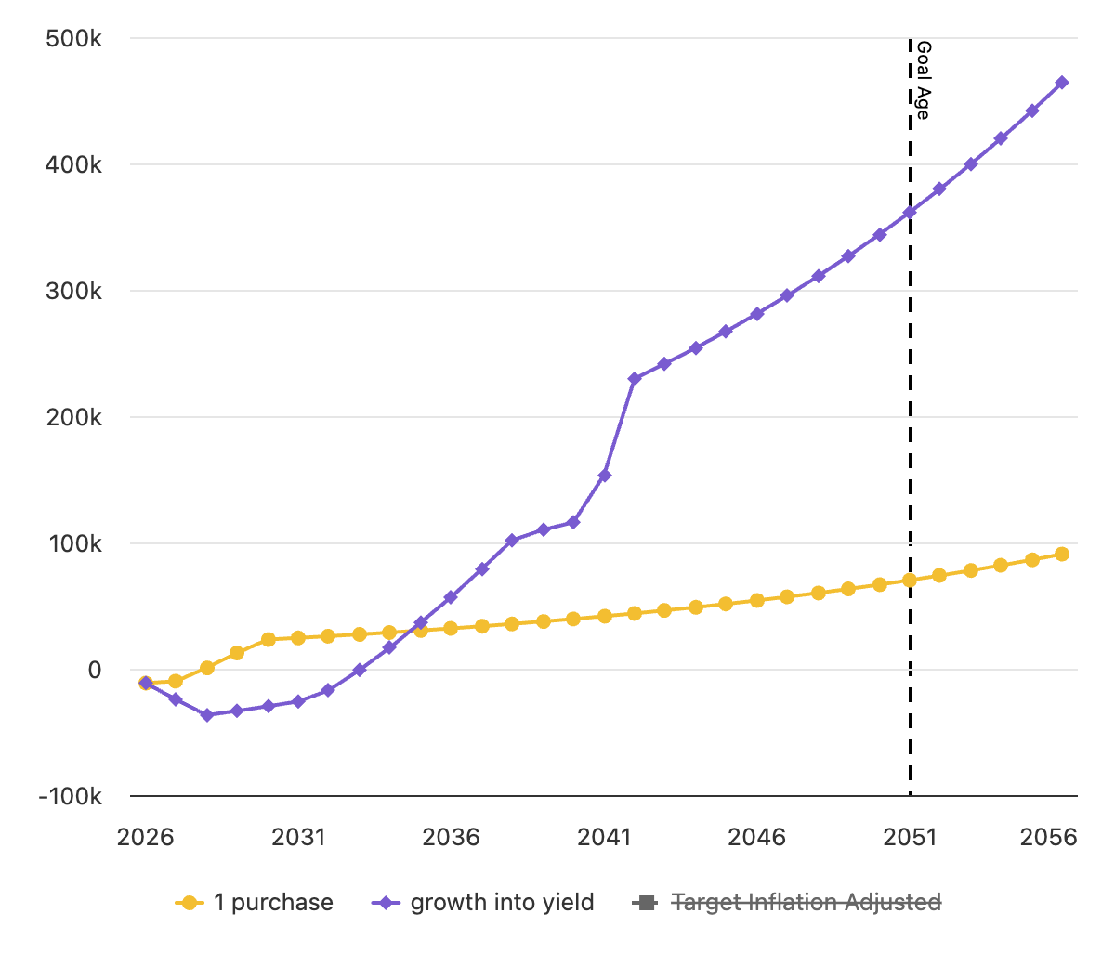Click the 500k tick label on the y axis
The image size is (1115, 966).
[73, 39]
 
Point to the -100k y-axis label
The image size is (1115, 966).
[70, 796]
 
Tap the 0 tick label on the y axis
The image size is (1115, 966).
[95, 670]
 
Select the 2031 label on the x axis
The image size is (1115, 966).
[298, 837]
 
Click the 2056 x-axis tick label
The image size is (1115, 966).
[1048, 837]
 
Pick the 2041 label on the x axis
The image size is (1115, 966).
[604, 837]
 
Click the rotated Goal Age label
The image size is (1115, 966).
[924, 81]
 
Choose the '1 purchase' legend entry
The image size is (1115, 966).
[254, 902]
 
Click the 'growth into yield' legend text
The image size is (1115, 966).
[502, 902]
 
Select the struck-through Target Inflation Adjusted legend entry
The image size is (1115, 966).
[786, 902]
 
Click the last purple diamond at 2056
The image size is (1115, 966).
[1062, 83]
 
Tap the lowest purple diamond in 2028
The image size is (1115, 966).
[207, 715]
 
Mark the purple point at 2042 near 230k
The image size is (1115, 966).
[635, 379]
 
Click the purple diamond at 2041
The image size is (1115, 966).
[605, 476]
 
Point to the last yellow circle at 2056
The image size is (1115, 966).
[1062, 554]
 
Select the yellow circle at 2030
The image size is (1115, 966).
[269, 640]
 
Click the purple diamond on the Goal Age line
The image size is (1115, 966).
[910, 213]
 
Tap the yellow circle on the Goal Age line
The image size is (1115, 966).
[910, 581]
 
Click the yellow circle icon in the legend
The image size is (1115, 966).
[190, 903]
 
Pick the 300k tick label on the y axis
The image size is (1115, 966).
[73, 292]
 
